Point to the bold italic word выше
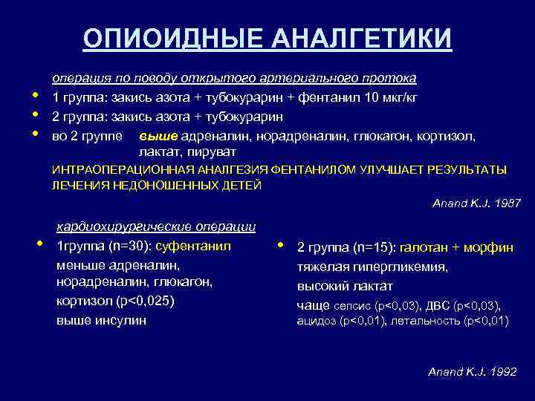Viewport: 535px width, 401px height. click(x=152, y=137)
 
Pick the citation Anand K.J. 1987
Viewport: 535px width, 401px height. click(x=476, y=203)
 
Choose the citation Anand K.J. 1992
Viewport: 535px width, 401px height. click(x=472, y=371)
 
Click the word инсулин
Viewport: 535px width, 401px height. click(x=119, y=320)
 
